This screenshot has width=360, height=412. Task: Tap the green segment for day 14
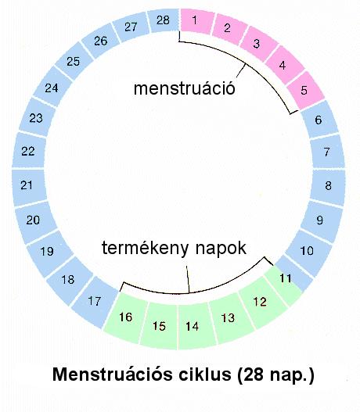tap(194, 326)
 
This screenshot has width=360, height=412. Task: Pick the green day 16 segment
tap(126, 317)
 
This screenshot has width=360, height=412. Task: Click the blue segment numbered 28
tap(164, 20)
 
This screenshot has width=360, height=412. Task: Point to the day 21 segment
tap(28, 186)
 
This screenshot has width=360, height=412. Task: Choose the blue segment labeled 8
tap(328, 186)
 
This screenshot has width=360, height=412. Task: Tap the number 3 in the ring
tap(257, 44)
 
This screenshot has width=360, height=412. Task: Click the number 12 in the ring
tap(260, 302)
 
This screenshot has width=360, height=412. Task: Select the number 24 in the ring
tap(52, 88)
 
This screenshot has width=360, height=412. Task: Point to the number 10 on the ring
tap(307, 251)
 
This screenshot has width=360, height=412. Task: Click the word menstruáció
tap(185, 88)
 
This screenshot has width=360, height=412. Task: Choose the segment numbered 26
tap(100, 41)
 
